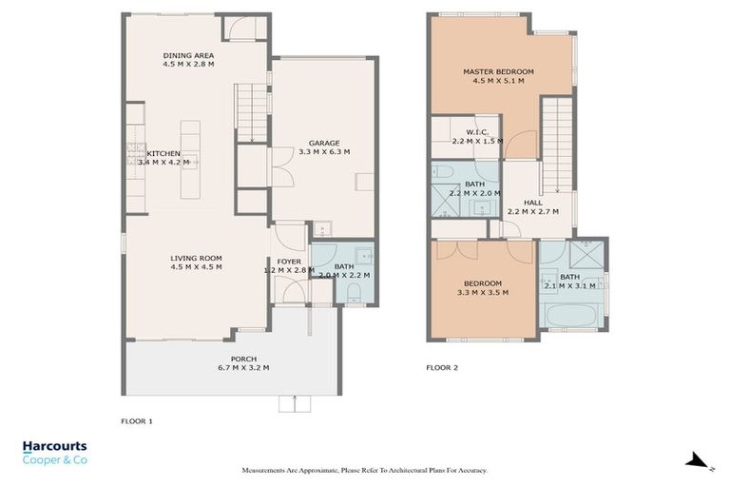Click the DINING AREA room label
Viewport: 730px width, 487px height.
(x=188, y=56)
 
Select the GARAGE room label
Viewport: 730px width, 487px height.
(x=324, y=143)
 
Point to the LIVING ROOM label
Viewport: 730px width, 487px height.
(x=196, y=258)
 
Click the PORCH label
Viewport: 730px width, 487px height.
(x=217, y=359)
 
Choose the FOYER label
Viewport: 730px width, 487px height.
(x=288, y=261)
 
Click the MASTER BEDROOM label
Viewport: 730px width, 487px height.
(x=498, y=71)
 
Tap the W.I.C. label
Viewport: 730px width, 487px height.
(x=477, y=132)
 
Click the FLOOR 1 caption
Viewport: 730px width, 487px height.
(x=137, y=419)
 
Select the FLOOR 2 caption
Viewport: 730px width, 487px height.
(x=442, y=366)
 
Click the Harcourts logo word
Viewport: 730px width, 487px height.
(x=54, y=445)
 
